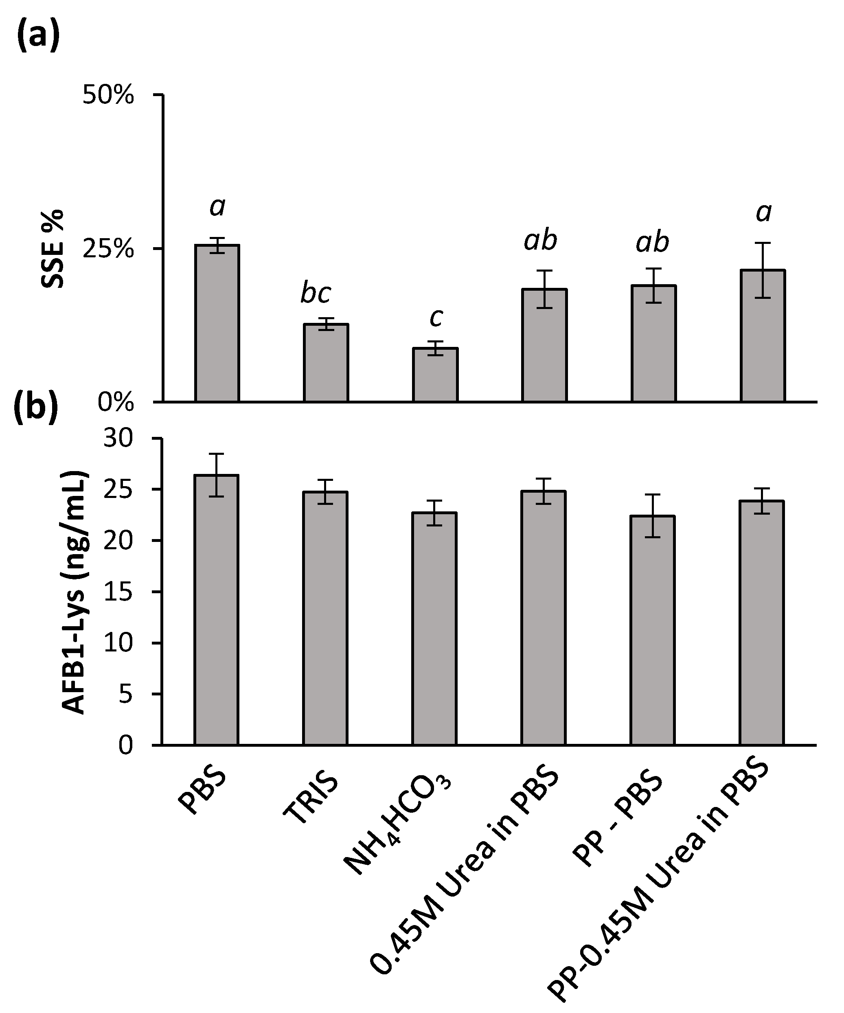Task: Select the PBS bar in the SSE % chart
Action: tap(217, 323)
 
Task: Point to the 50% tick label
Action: tap(109, 95)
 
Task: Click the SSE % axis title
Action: tap(52, 249)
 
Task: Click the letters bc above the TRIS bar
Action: tap(316, 293)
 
